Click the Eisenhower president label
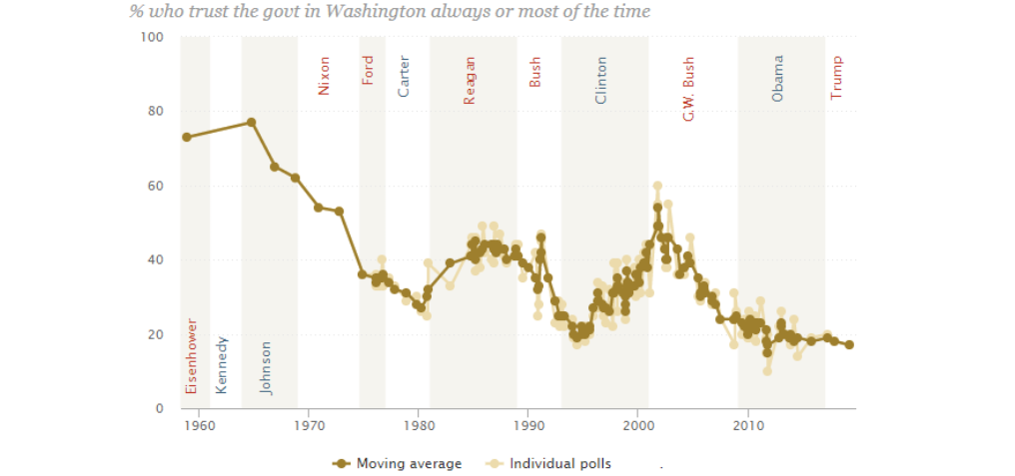coord(192,355)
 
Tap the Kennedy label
coord(222,365)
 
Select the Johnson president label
coord(266,367)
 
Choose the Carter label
coord(404,77)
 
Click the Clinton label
coord(600,80)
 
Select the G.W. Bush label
coord(688,89)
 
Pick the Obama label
coord(777,78)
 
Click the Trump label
coord(837,77)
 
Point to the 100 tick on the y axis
coord(152,37)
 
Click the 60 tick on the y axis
coord(155,186)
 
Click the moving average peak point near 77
coord(252,123)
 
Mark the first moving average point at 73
coord(186,137)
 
